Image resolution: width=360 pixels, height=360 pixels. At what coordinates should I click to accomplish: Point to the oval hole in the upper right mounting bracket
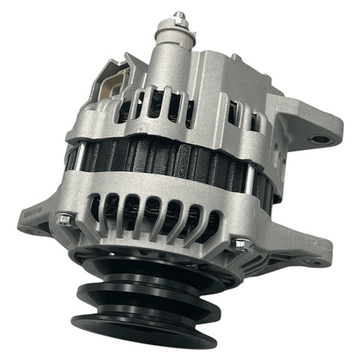(x=319, y=139)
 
